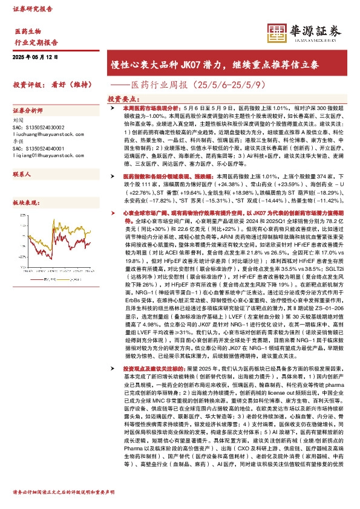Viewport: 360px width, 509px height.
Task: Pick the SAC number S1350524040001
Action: pos(42,148)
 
